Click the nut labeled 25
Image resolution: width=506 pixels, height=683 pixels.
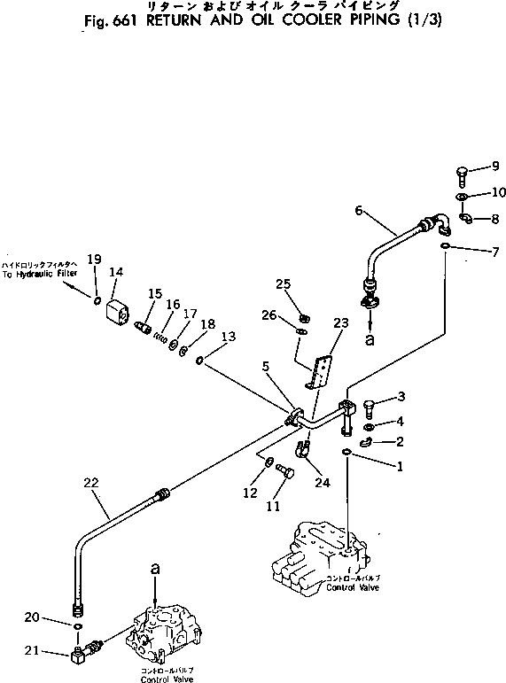304,318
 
